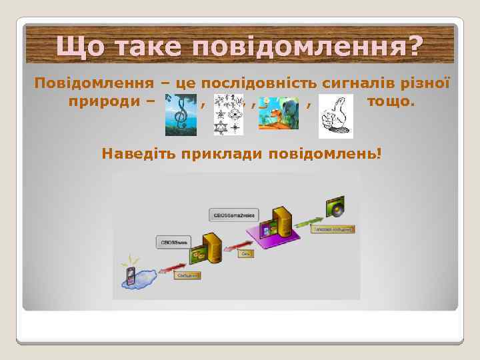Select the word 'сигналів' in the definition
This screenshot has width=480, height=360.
coord(353,84)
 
